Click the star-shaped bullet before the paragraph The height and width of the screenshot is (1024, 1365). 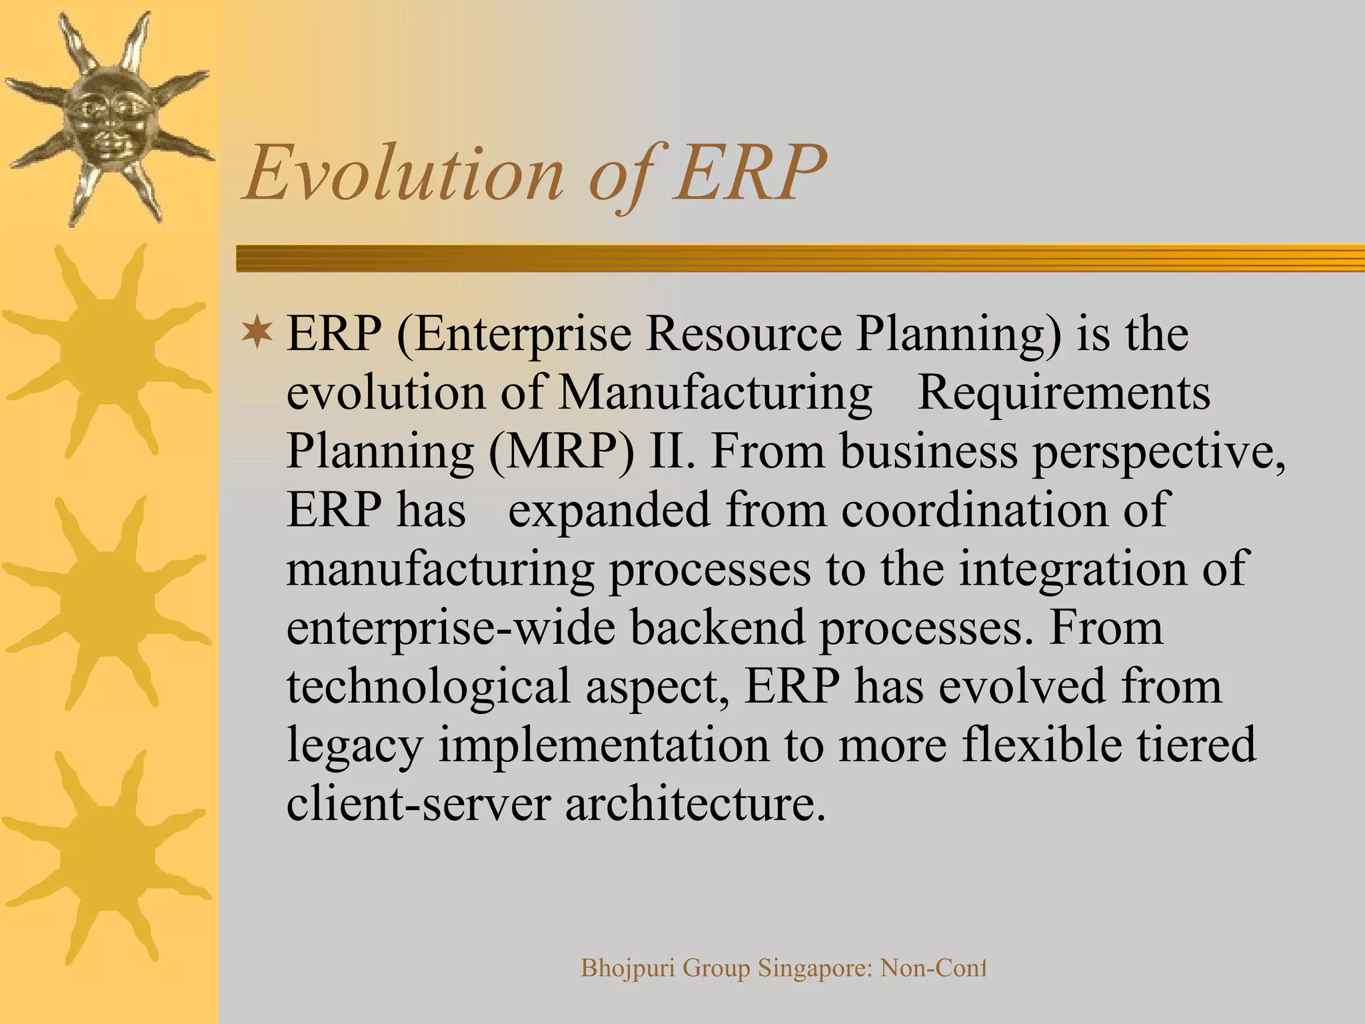click(257, 333)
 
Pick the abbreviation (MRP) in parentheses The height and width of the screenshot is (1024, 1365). click(561, 452)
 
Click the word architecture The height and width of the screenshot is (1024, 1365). click(690, 803)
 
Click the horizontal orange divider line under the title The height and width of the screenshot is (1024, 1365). click(800, 258)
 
